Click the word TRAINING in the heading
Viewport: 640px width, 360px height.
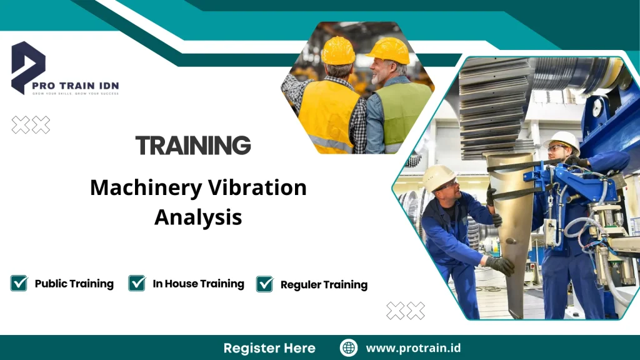[193, 145]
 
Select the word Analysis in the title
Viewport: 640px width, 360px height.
[198, 217]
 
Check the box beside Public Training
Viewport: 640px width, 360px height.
[19, 283]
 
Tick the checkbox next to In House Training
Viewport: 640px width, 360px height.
[137, 283]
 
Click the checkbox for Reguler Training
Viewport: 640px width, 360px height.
[265, 284]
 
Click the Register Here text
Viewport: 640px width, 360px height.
[269, 348]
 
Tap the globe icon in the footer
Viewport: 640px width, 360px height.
[348, 347]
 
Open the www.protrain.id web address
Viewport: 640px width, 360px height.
[413, 348]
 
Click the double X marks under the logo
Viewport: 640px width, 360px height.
[31, 124]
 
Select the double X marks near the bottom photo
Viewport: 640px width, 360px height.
[405, 310]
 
